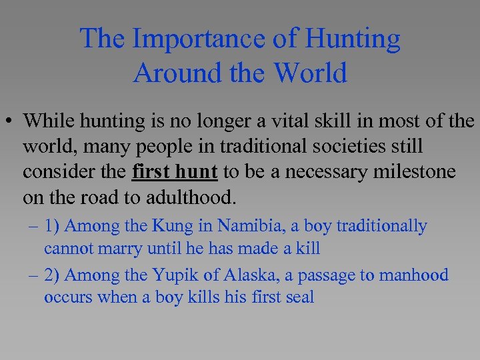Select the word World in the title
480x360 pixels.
point(312,72)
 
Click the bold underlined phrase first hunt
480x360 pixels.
point(175,172)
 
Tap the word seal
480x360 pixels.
point(298,297)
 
